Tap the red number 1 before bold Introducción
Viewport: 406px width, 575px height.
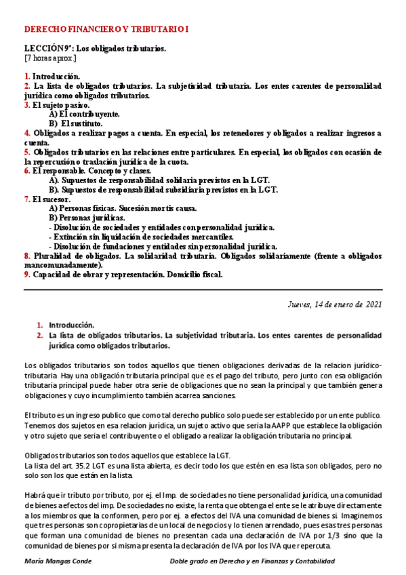(26, 77)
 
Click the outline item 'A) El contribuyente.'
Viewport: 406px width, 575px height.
(84, 115)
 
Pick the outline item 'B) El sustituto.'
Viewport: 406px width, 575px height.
(77, 124)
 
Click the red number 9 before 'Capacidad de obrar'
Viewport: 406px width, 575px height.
(26, 275)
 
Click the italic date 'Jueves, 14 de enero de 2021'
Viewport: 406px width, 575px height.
(335, 304)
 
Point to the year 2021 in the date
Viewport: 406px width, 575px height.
(373, 304)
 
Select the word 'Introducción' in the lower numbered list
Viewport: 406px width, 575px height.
(71, 325)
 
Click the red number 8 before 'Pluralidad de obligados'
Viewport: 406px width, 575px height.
(26, 256)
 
